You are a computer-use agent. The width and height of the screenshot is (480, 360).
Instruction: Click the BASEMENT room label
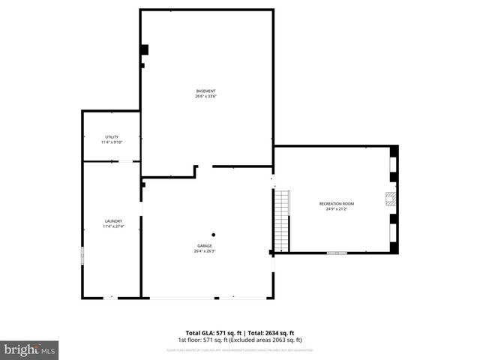[206, 91]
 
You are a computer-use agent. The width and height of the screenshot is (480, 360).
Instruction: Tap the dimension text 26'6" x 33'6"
[206, 96]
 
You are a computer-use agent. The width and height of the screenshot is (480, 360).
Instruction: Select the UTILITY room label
[112, 137]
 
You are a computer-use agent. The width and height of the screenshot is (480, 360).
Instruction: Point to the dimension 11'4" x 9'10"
[112, 142]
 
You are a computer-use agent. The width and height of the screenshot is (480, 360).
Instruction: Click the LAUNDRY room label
[113, 221]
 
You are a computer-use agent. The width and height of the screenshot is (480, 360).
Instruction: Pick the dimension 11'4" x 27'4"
[113, 226]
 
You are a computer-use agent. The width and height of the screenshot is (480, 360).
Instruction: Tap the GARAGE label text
[205, 246]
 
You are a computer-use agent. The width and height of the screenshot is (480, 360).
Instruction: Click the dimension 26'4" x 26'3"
[205, 251]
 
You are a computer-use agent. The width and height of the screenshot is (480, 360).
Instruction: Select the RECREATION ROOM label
[337, 204]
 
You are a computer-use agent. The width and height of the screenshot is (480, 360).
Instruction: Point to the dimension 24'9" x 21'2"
[337, 209]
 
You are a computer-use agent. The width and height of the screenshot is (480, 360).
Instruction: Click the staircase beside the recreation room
[282, 221]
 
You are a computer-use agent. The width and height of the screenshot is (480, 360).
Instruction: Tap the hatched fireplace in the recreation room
[390, 198]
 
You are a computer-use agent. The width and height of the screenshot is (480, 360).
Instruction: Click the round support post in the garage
[213, 233]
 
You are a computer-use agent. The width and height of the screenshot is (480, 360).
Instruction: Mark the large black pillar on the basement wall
[144, 50]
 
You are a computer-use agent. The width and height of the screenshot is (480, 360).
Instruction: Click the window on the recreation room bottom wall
[337, 253]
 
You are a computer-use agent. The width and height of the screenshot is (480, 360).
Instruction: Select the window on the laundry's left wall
[82, 255]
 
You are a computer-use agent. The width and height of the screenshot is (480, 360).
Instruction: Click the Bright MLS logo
[30, 349]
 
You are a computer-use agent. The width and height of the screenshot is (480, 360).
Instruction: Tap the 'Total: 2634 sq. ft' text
[271, 333]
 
